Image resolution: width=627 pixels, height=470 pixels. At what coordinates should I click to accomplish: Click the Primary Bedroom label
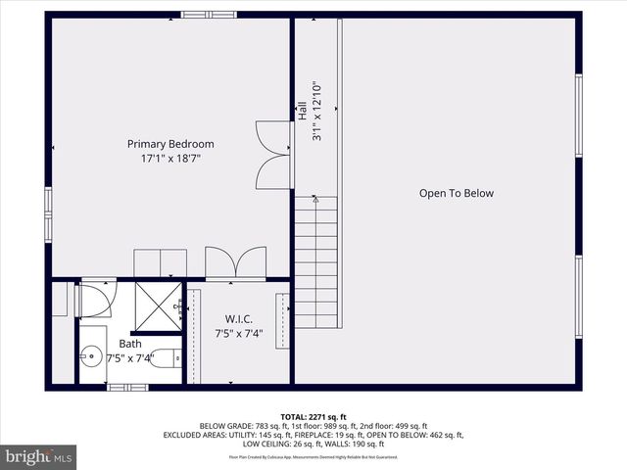tap(170, 144)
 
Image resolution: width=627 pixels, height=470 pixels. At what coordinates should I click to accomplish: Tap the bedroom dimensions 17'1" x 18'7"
tap(170, 158)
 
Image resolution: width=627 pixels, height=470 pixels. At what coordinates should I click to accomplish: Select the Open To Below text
tap(457, 193)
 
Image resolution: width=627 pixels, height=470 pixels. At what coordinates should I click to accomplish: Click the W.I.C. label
tap(239, 318)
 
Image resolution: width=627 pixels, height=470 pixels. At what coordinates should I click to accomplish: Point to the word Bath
tap(130, 344)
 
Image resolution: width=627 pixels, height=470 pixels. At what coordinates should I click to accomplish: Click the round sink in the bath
tap(92, 353)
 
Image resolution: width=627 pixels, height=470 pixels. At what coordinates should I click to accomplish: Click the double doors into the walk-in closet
tap(235, 264)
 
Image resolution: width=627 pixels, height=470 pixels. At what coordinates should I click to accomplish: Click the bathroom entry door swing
tap(97, 300)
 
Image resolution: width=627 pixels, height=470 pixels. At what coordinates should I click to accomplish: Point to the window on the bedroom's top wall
tap(208, 14)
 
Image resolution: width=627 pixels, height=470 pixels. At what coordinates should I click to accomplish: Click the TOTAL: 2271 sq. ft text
tap(313, 417)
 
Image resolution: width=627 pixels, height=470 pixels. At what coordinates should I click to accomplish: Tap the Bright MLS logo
tap(39, 456)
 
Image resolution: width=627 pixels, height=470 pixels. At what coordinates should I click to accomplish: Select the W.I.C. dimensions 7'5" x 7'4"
tap(239, 333)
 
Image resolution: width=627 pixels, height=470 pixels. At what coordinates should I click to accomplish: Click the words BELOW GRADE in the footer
tap(224, 427)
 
